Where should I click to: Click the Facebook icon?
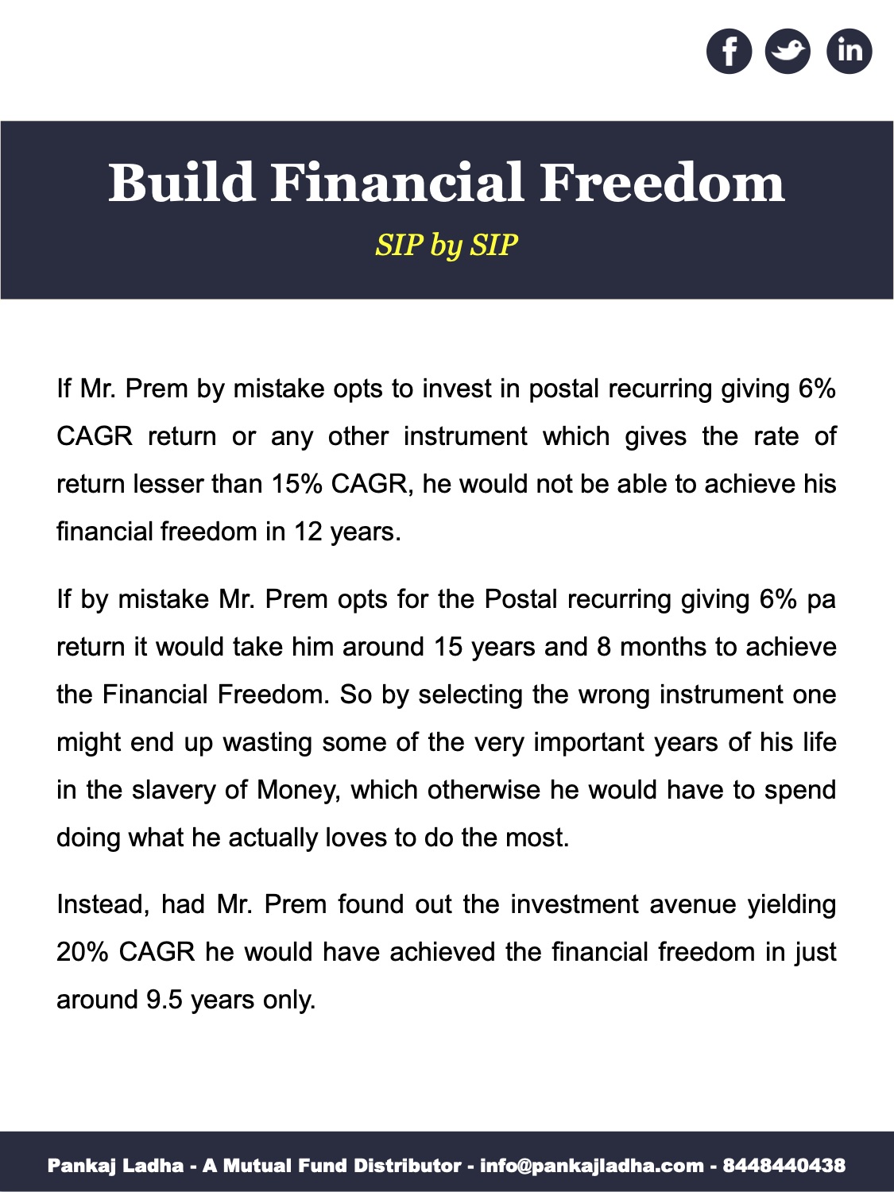coord(729,52)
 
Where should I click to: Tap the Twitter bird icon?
coord(788,52)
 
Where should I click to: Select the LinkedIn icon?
coord(849,52)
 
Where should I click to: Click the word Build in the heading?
coord(181,183)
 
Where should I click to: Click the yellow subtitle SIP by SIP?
coord(447,245)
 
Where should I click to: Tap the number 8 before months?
coord(604,647)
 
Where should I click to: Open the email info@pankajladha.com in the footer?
coord(592,1166)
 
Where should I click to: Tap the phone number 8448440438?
coord(784,1166)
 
